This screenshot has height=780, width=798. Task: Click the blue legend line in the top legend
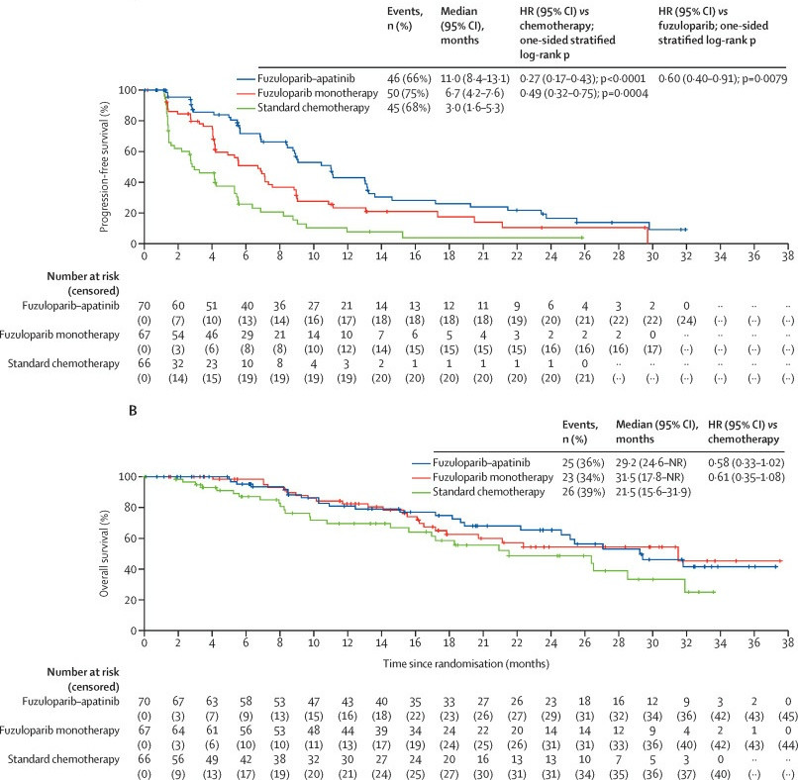250,77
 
